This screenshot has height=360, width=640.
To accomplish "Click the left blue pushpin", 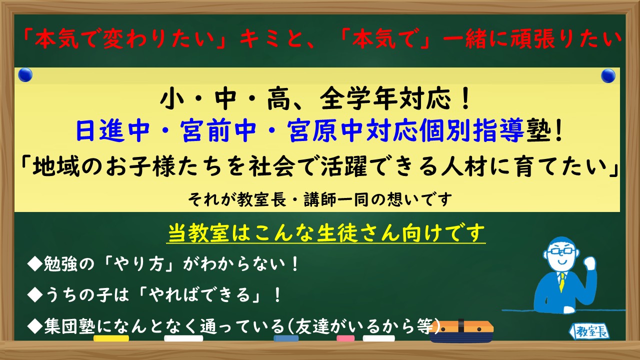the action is pos(25,75).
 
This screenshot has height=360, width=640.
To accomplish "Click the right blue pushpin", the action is pos(608,75).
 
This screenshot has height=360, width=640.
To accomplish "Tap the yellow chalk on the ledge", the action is pos(111,338).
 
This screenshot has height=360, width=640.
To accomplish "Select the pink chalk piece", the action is pos(345,338).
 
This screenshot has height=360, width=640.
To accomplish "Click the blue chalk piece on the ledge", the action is pos(286,338).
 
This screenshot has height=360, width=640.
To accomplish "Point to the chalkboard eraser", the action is pos(461,331).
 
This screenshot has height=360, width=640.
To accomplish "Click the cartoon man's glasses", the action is pos(561,251).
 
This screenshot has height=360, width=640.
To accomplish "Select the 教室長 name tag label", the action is pos(589,331).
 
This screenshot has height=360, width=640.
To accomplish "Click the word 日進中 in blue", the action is pos(112,131).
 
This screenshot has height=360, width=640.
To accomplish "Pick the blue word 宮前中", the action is pos(218,131).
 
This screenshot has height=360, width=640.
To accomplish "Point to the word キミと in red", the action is pos(272,38).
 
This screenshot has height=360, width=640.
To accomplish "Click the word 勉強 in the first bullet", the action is pos(60,263).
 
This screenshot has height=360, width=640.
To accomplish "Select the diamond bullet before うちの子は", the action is pos(35,295).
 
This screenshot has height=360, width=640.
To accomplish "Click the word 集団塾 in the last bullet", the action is pos(69,326).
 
